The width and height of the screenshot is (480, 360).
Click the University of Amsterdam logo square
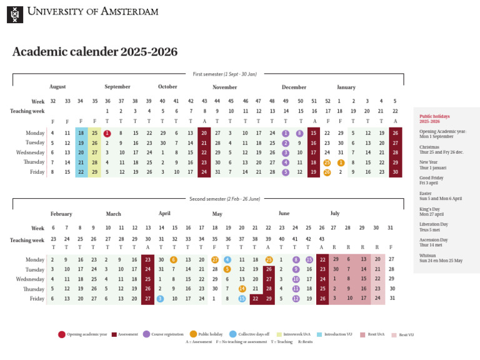pyautogui.click(x=15, y=14)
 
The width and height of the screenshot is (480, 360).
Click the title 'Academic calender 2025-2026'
pyautogui.click(x=95, y=52)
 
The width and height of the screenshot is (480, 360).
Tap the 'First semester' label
pyautogui.click(x=224, y=74)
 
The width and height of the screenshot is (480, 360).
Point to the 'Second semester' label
pyautogui.click(x=224, y=198)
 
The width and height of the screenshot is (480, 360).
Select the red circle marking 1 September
pyautogui.click(x=107, y=133)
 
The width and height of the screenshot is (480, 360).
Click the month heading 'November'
pyautogui.click(x=224, y=87)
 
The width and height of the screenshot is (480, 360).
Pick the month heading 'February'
pyautogui.click(x=61, y=214)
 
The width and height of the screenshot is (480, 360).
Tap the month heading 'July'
pyautogui.click(x=335, y=214)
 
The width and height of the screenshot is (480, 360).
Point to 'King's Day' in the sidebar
pyautogui.click(x=429, y=209)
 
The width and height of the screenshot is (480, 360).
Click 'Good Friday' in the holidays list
pyautogui.click(x=431, y=178)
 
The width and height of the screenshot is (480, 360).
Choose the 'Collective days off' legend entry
pyautogui.click(x=250, y=335)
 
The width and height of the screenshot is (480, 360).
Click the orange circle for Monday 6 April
pyautogui.click(x=174, y=259)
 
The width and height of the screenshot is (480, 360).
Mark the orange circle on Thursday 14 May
pyautogui.click(x=242, y=289)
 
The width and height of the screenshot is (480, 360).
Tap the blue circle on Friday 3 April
pyautogui.click(x=161, y=299)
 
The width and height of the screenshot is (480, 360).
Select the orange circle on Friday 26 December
pyautogui.click(x=327, y=172)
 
